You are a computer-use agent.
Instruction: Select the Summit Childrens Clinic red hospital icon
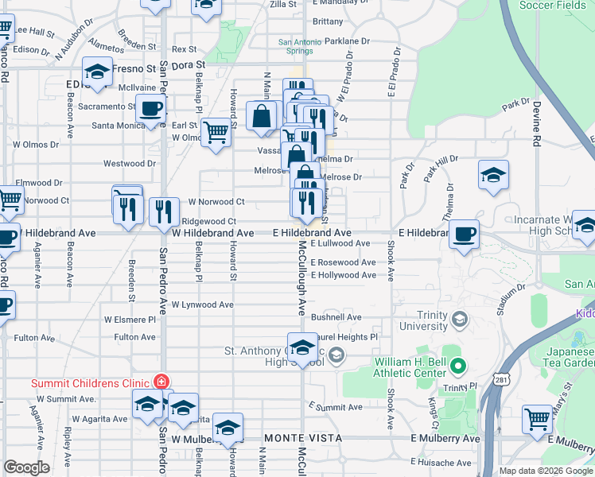[162, 382]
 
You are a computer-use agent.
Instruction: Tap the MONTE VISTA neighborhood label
[303, 438]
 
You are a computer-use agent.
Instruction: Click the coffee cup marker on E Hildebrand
[464, 234]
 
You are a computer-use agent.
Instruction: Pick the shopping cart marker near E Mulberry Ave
[538, 418]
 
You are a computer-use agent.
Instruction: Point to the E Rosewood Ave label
[343, 262]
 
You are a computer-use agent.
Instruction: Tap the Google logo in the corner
[26, 467]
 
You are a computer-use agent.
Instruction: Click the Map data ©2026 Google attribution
[545, 471]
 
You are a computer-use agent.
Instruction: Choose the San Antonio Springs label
[295, 46]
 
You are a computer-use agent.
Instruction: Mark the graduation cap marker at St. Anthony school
[301, 346]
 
